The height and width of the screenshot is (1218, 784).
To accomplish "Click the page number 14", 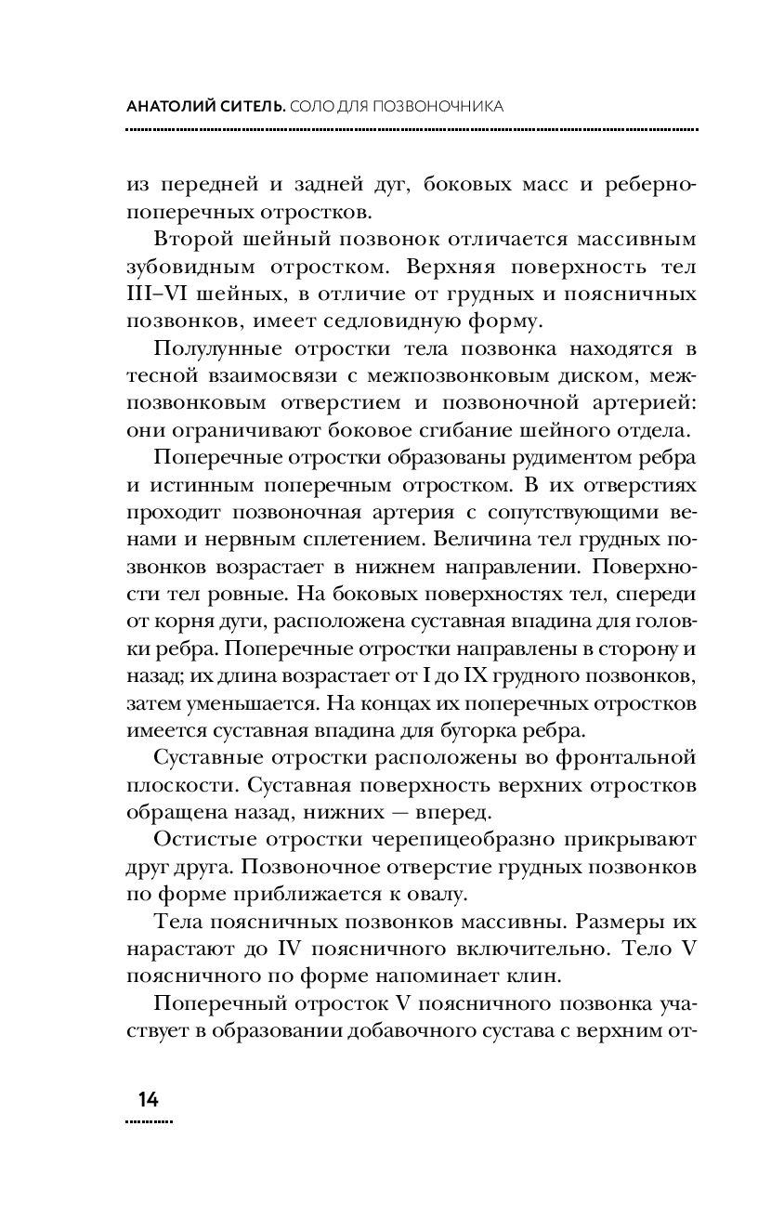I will [148, 1099].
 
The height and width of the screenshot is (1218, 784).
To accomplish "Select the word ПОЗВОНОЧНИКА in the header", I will [438, 107].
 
